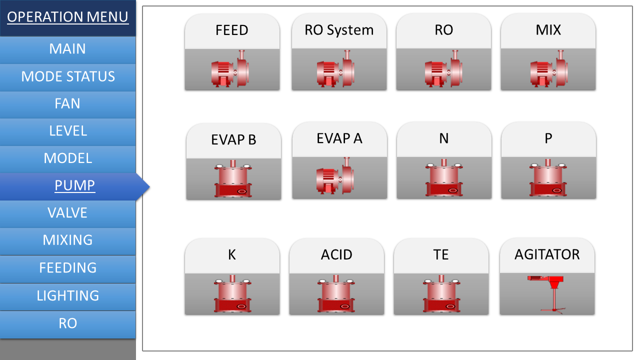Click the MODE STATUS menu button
(x=68, y=77)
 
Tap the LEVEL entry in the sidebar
(x=68, y=131)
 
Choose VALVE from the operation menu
(x=68, y=213)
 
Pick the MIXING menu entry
(x=68, y=241)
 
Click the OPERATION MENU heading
(x=67, y=17)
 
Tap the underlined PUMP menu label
(x=75, y=185)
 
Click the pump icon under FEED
(x=230, y=68)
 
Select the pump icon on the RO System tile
(x=335, y=68)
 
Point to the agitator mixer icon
(x=546, y=294)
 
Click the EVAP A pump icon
(x=335, y=175)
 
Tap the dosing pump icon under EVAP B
(x=233, y=178)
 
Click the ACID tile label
(x=336, y=254)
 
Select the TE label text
(x=441, y=254)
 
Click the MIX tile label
(x=548, y=29)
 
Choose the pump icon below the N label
(x=444, y=177)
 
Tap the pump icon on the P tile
(x=548, y=177)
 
